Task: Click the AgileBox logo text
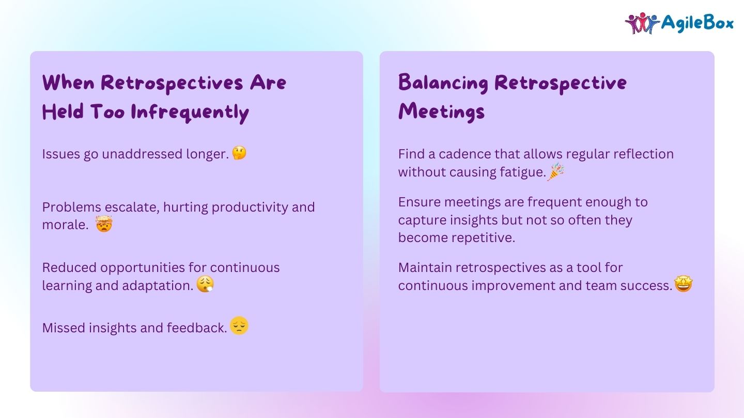tap(697, 23)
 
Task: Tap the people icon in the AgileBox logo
tap(642, 23)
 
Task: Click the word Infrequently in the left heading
tap(190, 112)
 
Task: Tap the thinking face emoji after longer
tap(239, 153)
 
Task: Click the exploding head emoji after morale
tap(104, 225)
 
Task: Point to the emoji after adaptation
tap(205, 285)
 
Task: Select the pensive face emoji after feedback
tap(239, 326)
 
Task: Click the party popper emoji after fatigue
tap(555, 172)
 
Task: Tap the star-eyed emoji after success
tap(684, 284)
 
